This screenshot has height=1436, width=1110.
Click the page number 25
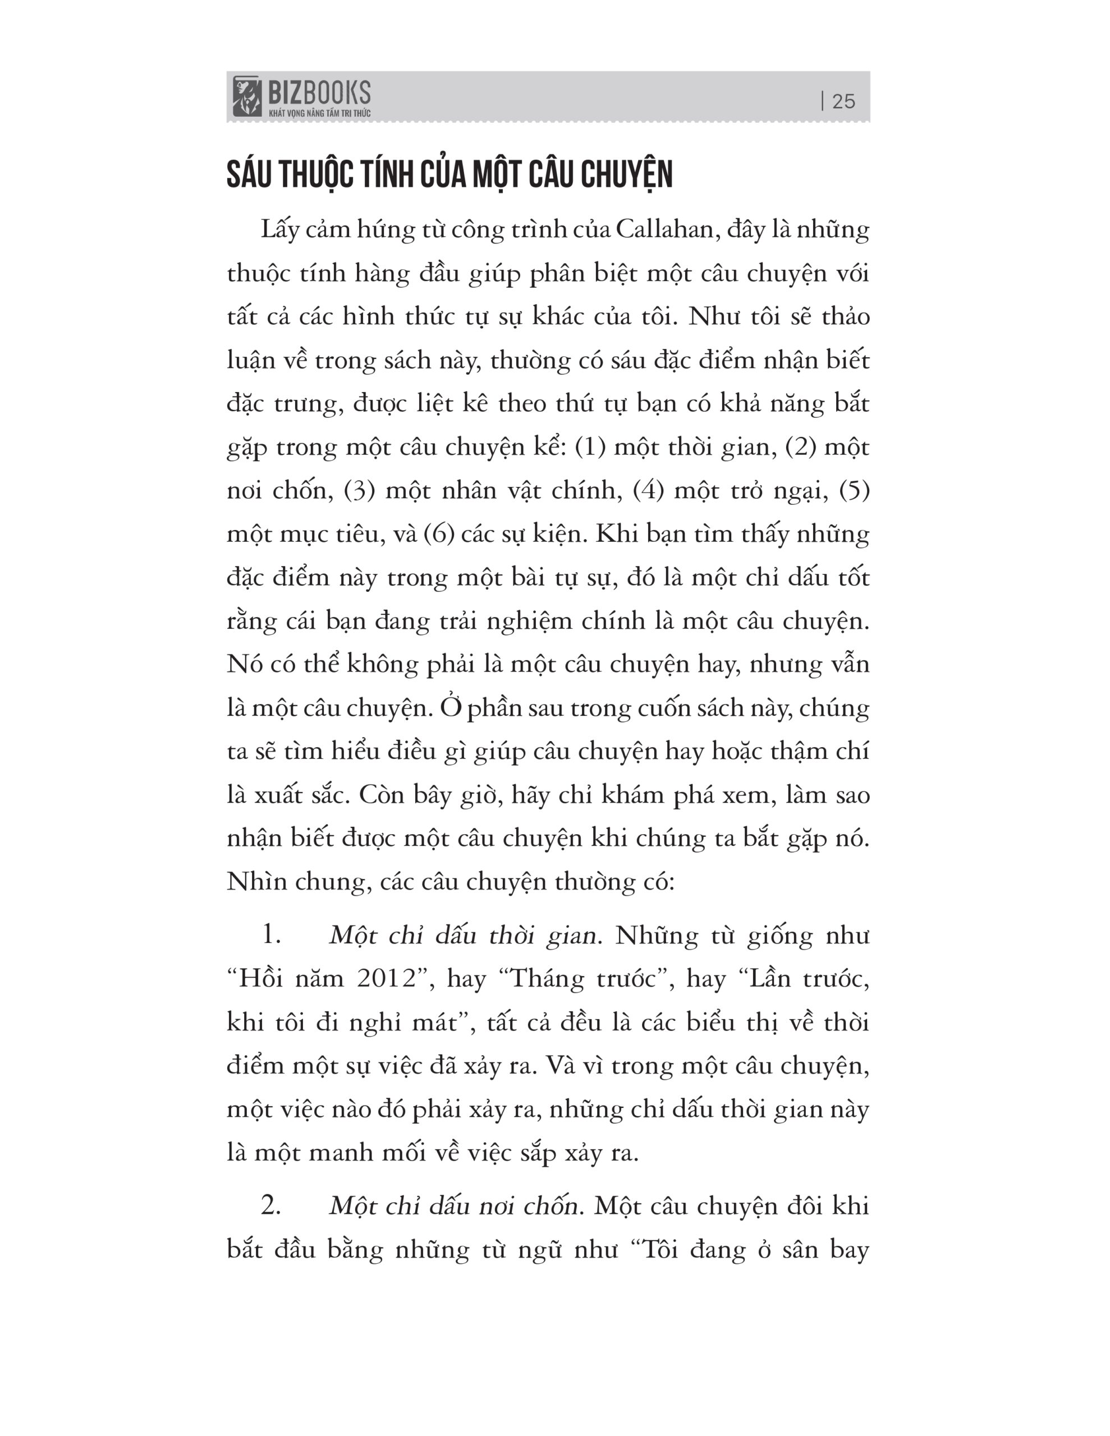tap(843, 102)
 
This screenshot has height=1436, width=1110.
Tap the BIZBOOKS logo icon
tap(247, 96)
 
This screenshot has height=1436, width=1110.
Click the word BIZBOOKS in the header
tap(319, 92)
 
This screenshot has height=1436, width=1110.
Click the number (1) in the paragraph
tap(590, 447)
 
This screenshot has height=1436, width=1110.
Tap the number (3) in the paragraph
tap(359, 490)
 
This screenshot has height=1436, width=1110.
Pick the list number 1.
tap(270, 935)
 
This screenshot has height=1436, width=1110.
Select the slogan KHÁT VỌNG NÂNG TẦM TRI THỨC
tap(319, 113)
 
